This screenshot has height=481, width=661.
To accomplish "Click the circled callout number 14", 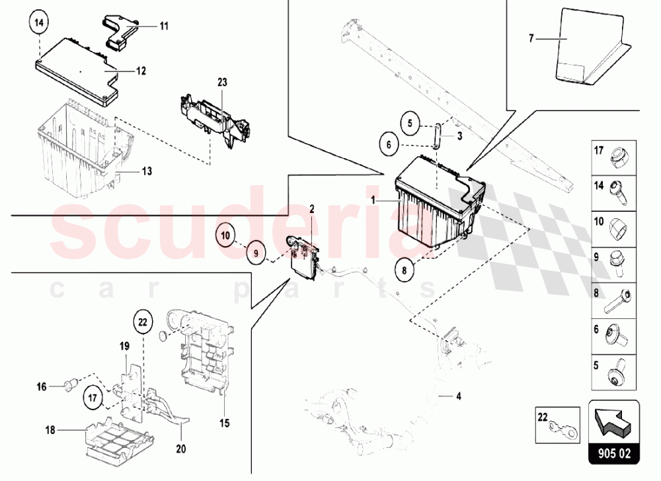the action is (39, 22).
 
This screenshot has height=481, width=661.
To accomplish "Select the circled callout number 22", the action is (143, 322).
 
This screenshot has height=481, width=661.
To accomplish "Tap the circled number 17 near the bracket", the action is (93, 398).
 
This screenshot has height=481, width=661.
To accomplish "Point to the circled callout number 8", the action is (405, 270).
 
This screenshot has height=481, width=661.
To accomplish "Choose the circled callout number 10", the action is (225, 235).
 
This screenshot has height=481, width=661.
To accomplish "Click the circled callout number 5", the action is (410, 124).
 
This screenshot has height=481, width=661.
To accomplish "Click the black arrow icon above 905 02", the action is (613, 420).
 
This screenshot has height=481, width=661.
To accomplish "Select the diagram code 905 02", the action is (614, 454).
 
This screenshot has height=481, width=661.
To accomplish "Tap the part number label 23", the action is (222, 82).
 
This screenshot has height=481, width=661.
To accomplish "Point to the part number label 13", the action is (147, 171).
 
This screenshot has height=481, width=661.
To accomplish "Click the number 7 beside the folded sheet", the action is (531, 38).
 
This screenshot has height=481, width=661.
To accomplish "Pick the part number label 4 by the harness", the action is (459, 396).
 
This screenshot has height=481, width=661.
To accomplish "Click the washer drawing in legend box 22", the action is (565, 429).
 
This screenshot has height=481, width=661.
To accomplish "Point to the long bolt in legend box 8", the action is (618, 300).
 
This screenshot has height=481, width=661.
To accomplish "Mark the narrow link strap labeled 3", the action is (437, 136).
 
